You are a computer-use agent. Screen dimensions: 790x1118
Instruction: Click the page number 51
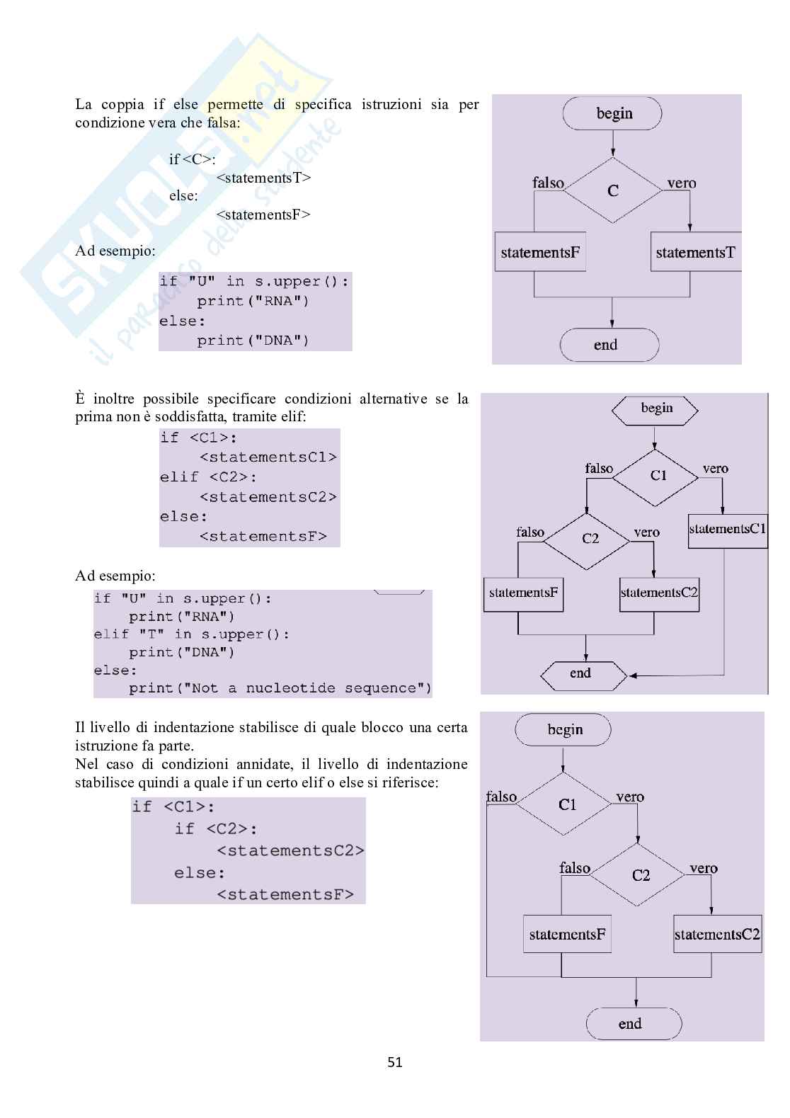395,1061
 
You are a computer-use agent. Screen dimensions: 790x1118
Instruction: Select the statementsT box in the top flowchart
695,252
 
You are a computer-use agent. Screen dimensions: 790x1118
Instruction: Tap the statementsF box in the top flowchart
541,252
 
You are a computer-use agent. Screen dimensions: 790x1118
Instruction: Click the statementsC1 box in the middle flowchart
728,531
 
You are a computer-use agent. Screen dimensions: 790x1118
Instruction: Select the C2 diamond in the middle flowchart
587,541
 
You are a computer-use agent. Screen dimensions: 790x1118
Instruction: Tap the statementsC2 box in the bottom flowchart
717,934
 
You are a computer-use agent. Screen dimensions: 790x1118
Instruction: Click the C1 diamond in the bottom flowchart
563,804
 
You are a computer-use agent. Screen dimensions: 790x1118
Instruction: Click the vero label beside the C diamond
682,183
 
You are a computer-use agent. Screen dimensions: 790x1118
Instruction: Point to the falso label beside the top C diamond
548,183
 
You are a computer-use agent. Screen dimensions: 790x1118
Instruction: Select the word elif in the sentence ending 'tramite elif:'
292,416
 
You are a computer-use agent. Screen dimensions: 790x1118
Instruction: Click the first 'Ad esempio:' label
115,251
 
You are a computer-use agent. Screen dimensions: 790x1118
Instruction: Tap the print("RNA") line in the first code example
253,301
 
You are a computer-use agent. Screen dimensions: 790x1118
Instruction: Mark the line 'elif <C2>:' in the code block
208,477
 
